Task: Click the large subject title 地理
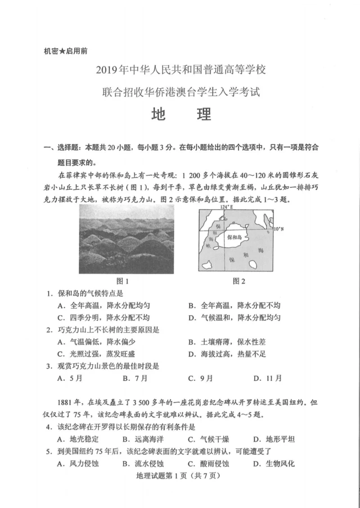180,114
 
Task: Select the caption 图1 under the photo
123,281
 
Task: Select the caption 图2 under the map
239,281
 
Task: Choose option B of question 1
234,306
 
